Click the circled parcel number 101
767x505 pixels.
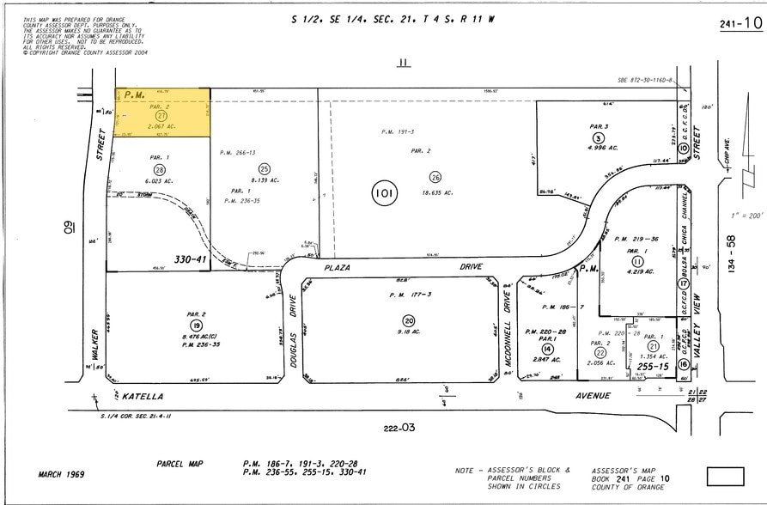(384, 193)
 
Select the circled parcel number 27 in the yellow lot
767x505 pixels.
(161, 115)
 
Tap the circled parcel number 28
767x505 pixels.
(159, 171)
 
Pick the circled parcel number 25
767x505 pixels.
(265, 168)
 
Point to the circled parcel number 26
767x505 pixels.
(435, 177)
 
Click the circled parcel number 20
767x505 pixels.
(409, 320)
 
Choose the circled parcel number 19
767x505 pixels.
(196, 326)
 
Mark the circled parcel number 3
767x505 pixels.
(597, 137)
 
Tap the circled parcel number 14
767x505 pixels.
(547, 348)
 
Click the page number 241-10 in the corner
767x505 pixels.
(740, 24)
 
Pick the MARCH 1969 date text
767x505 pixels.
(61, 474)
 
